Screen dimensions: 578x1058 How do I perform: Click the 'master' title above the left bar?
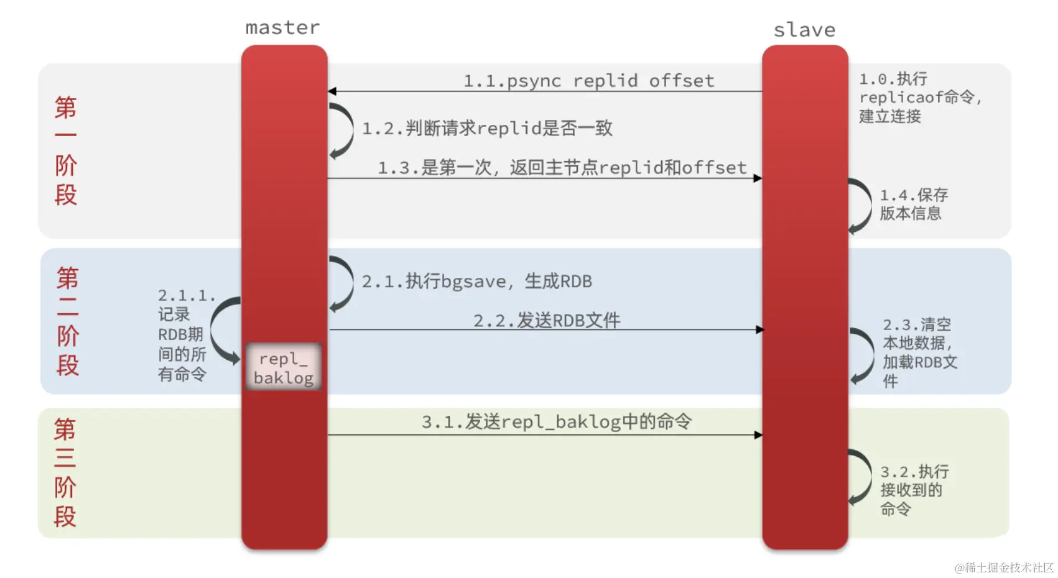pyautogui.click(x=282, y=28)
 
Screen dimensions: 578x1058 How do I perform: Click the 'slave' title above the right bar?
pyautogui.click(x=804, y=30)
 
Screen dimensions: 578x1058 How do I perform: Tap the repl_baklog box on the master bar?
pyautogui.click(x=284, y=367)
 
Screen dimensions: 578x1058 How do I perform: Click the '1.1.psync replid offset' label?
pyautogui.click(x=588, y=81)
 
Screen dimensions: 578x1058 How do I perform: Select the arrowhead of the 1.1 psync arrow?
pyautogui.click(x=333, y=91)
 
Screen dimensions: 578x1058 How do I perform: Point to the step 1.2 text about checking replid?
pyautogui.click(x=487, y=129)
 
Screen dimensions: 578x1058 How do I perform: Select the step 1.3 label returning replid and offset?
pyautogui.click(x=562, y=167)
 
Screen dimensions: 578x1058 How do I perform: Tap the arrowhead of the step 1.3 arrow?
pyautogui.click(x=757, y=178)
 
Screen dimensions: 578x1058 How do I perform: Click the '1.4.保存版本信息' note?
pyautogui.click(x=913, y=204)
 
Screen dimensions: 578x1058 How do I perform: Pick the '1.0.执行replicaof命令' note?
pyautogui.click(x=919, y=98)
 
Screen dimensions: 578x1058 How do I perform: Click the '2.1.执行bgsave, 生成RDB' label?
pyautogui.click(x=476, y=282)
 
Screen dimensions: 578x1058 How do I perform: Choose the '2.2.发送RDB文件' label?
pyautogui.click(x=547, y=320)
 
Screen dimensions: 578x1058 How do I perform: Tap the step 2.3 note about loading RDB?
pyautogui.click(x=919, y=352)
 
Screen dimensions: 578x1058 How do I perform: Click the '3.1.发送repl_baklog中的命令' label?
pyautogui.click(x=556, y=422)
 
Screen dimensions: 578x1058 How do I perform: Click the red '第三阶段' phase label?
pyautogui.click(x=65, y=473)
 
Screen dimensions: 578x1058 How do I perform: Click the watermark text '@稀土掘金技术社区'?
pyautogui.click(x=1003, y=567)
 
